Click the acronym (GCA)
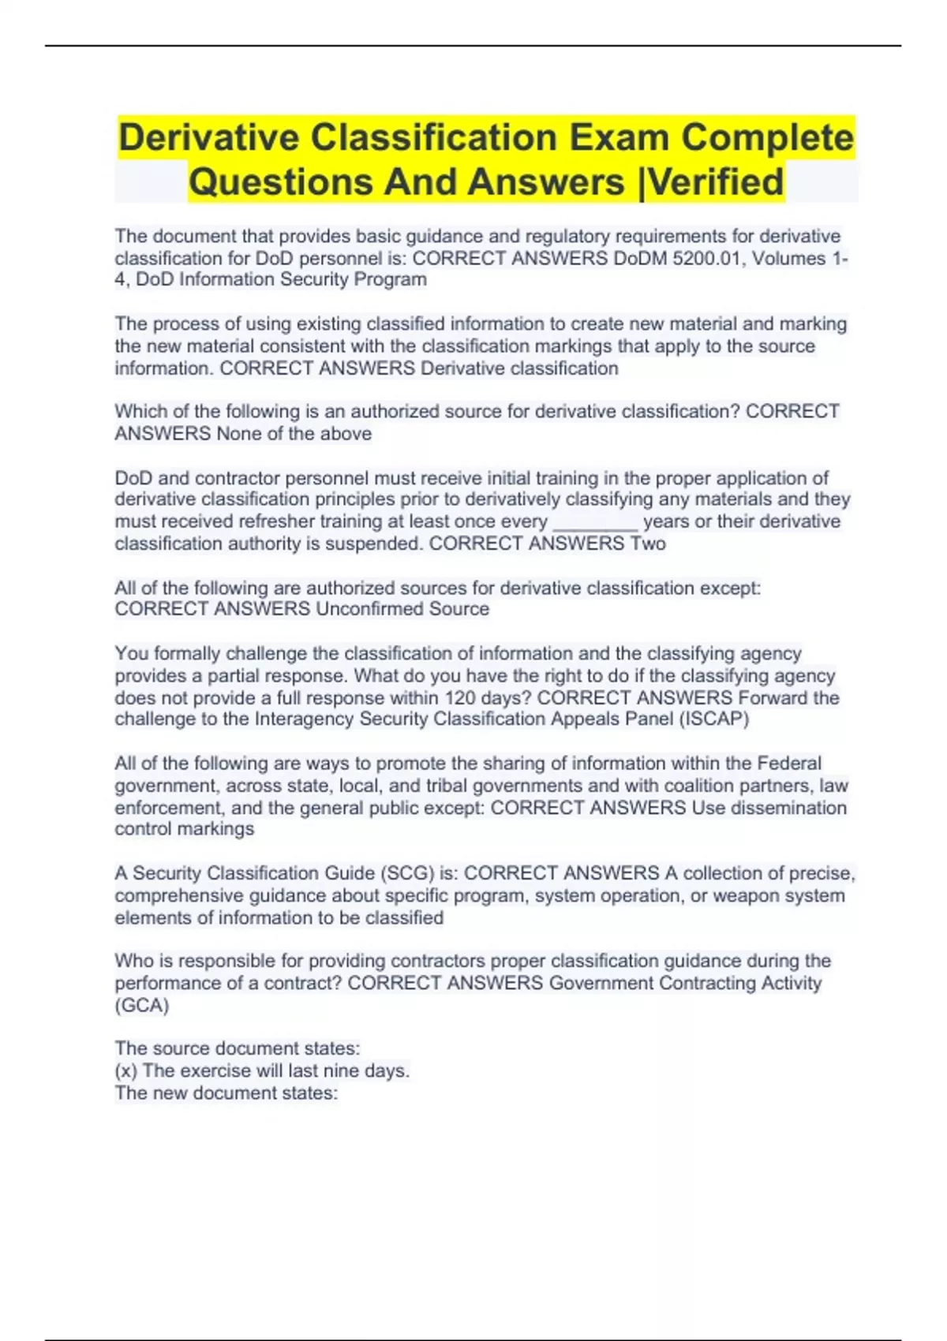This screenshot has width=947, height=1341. click(142, 1006)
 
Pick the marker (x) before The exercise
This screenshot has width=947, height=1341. click(126, 1071)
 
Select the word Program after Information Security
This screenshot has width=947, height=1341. click(393, 280)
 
